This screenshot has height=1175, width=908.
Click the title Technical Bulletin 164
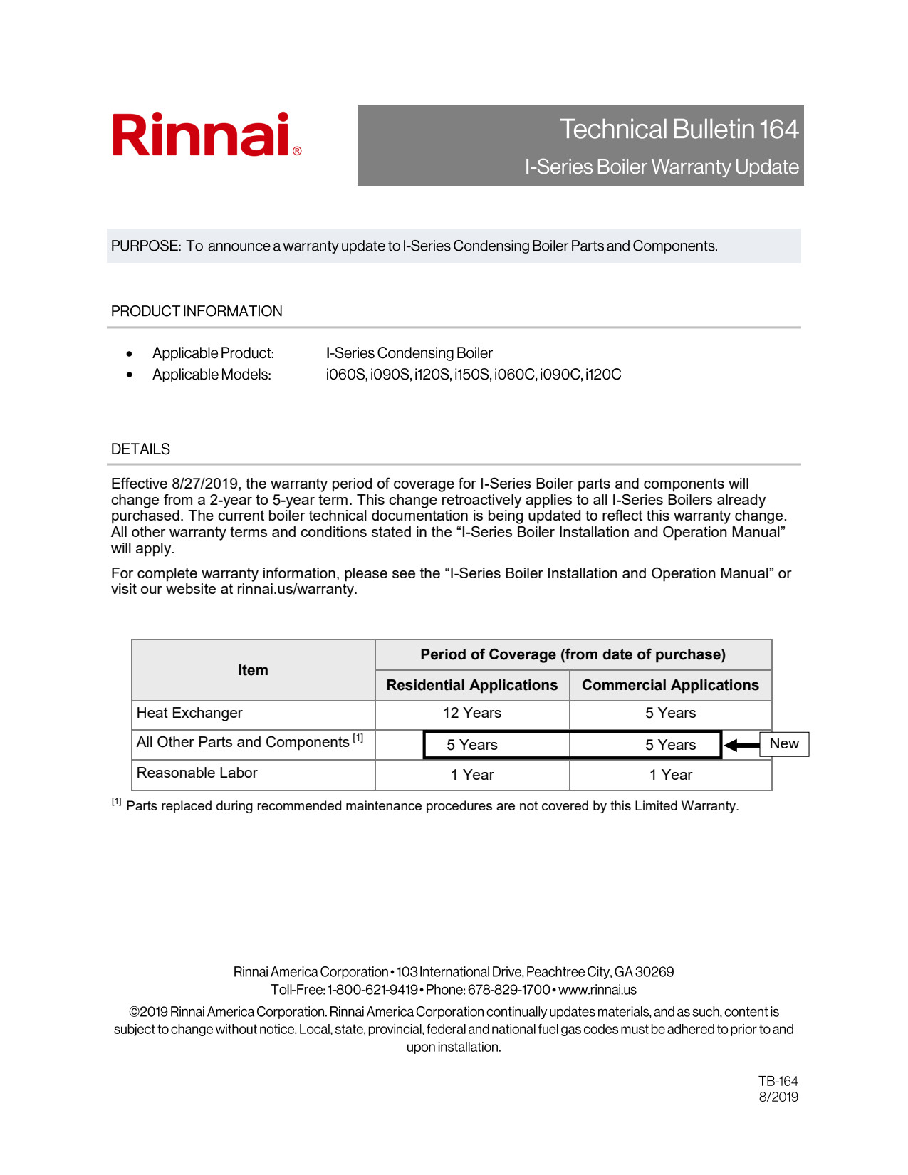[x=679, y=130]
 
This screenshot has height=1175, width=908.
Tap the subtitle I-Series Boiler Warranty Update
[x=661, y=167]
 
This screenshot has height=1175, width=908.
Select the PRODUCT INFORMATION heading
[x=197, y=311]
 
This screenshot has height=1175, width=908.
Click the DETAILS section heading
[x=140, y=449]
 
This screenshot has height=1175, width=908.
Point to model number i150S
[x=471, y=375]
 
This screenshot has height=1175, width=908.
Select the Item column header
[x=253, y=670]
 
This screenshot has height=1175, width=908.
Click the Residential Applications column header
[x=471, y=685]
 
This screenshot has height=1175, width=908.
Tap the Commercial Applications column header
[x=670, y=685]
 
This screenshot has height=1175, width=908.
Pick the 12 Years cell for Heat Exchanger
[x=471, y=713]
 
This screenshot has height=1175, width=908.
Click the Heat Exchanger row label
[x=189, y=713]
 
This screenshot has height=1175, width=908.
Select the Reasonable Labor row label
[x=197, y=773]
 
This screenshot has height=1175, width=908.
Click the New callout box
[x=784, y=743]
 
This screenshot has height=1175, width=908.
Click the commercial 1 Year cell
[x=670, y=775]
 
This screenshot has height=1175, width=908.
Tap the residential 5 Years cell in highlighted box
[x=471, y=745]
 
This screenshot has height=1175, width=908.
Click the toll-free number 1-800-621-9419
[x=372, y=990]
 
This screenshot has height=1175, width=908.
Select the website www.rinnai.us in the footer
[x=597, y=990]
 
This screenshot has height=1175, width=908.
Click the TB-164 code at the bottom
[x=778, y=1081]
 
